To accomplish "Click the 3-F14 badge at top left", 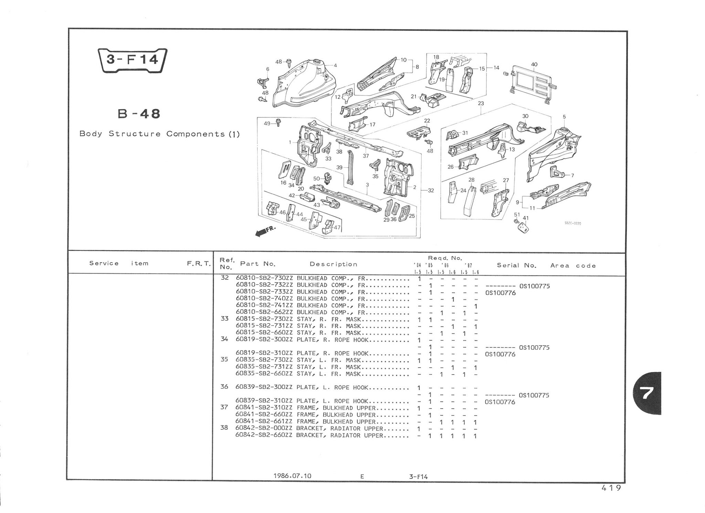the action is coord(133,61).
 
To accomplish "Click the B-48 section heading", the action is coord(139,113).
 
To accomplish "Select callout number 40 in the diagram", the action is coord(534,64).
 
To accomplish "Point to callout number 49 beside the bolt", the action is coord(267,123).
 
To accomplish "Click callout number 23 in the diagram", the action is coord(481,103).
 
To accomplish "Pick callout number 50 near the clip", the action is coord(317,178).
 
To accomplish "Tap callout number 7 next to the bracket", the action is coord(572,175).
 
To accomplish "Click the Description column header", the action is coord(334,264).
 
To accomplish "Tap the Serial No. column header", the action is coord(517,265).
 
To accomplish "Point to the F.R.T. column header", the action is coord(199,264).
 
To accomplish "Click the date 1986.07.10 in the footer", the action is coord(292,476).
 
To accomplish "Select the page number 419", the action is coord(611,488).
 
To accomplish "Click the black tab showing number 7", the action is coord(648,393).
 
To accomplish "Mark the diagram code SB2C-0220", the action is coord(573,223).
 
